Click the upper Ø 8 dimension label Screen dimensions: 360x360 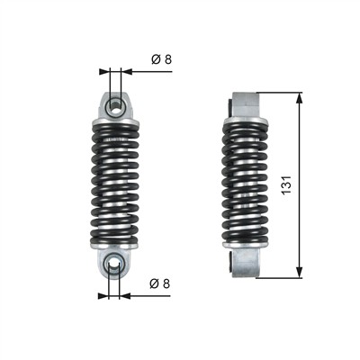tap(162, 59)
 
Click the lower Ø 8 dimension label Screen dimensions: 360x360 tap(160, 283)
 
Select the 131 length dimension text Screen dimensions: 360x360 tap(286, 184)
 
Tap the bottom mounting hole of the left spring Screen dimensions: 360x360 tap(114, 264)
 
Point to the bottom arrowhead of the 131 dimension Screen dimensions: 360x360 tap(299, 273)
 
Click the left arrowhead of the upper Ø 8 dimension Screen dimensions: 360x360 tap(103, 71)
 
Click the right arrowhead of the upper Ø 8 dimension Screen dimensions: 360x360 tap(127, 71)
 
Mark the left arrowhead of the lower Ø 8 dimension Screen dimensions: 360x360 tap(103, 296)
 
